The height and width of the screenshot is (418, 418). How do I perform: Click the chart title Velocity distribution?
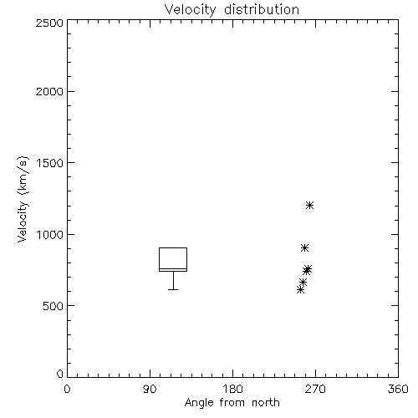click(x=232, y=10)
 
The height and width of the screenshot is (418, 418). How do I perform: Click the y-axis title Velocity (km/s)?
click(x=23, y=199)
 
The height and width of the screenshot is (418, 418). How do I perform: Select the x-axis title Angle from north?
click(x=232, y=403)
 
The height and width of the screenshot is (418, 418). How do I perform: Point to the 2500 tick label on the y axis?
click(x=49, y=23)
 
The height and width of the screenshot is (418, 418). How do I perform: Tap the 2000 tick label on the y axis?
click(x=49, y=91)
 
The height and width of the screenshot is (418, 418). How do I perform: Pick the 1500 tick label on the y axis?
click(x=50, y=163)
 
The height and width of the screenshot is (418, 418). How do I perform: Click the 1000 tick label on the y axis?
click(x=50, y=234)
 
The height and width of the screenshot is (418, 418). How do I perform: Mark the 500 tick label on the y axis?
click(x=54, y=306)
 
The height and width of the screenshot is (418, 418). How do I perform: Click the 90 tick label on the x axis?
click(x=150, y=389)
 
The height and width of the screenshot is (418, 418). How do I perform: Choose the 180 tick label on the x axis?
click(x=232, y=389)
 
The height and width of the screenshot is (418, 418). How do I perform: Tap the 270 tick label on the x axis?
click(x=315, y=389)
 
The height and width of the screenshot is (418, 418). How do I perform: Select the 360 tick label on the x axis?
click(x=398, y=389)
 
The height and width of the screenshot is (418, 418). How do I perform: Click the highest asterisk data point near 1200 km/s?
click(x=309, y=206)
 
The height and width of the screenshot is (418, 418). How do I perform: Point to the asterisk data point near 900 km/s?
click(x=304, y=248)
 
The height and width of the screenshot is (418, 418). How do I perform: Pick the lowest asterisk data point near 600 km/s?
click(x=300, y=290)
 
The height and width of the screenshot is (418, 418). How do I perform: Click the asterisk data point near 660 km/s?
click(x=303, y=283)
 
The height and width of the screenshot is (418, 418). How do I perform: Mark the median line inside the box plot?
click(x=173, y=269)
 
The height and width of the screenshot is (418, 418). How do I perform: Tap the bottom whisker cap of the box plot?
click(x=173, y=289)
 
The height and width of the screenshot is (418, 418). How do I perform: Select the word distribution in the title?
click(x=262, y=10)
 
